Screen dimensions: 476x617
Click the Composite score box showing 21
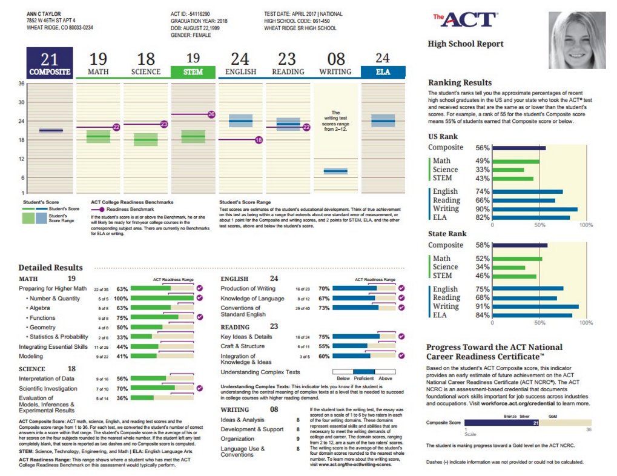tap(48, 64)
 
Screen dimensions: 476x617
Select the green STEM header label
tap(193, 71)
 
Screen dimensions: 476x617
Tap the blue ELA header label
tap(382, 71)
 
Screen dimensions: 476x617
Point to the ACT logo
tap(465, 19)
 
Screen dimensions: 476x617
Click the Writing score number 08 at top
tap(335, 59)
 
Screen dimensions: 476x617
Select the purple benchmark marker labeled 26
tap(211, 114)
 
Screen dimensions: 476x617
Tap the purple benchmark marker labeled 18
tap(259, 140)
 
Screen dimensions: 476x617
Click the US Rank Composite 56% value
tap(482, 148)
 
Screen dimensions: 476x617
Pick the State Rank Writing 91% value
tap(482, 306)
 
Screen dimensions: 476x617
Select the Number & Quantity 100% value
tap(120, 299)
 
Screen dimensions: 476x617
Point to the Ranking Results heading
tap(460, 82)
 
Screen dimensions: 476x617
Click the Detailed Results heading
tap(50, 267)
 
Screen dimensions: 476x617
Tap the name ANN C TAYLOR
tap(44, 13)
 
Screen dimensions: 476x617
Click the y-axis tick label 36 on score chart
tap(21, 83)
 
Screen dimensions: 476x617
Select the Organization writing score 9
tap(298, 438)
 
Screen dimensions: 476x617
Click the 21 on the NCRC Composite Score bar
tap(535, 423)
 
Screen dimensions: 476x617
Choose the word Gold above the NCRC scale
tap(552, 416)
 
